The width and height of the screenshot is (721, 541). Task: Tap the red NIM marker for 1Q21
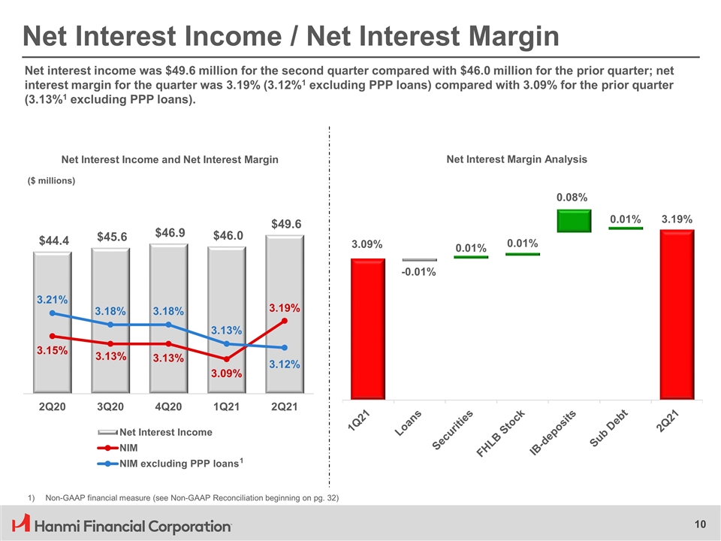point(227,359)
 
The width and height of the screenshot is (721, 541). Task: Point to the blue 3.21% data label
point(52,300)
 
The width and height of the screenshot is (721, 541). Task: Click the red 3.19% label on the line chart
point(285,308)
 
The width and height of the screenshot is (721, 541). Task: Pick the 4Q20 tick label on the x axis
point(168,407)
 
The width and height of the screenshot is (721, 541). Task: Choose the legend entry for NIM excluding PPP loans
point(178,463)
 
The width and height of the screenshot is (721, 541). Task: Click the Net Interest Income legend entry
point(165,432)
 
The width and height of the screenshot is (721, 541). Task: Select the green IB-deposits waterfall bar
point(575,221)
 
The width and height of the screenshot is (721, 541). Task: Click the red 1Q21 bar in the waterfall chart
point(368,328)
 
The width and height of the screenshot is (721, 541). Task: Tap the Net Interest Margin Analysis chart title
point(517,159)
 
